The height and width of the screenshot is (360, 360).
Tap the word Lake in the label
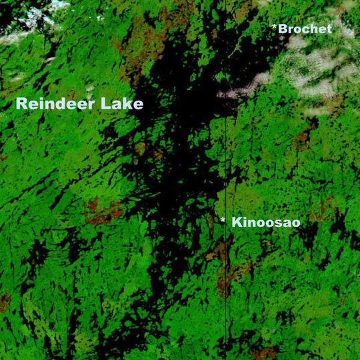(124, 105)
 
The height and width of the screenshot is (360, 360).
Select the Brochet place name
(305, 29)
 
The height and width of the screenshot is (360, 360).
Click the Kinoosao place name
(265, 223)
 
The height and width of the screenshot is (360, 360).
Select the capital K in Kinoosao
(237, 223)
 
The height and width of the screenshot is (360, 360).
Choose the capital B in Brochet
(283, 29)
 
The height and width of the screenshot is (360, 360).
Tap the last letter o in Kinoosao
(295, 223)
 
